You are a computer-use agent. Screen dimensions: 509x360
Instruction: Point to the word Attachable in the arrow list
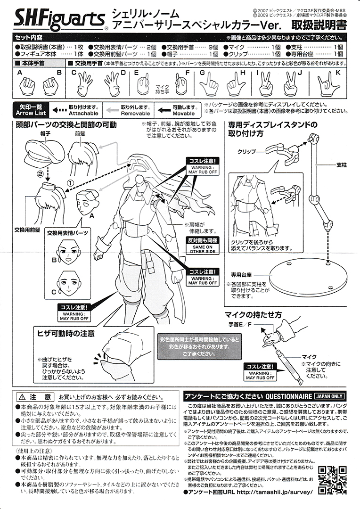coord(83,114)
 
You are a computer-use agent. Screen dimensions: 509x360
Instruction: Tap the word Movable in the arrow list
coord(184,114)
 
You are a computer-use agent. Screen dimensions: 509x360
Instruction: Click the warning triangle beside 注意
coord(20,396)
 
